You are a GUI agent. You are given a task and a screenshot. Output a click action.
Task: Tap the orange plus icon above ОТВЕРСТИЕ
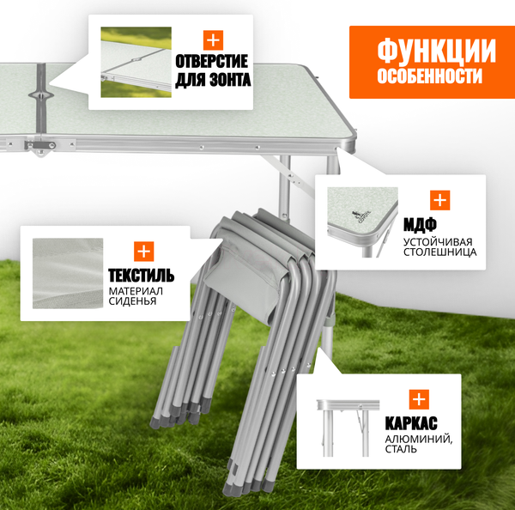click(212, 39)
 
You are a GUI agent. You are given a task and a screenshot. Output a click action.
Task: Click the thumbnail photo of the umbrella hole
click(136, 62)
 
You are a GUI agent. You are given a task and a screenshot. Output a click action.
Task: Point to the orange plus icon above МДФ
click(440, 201)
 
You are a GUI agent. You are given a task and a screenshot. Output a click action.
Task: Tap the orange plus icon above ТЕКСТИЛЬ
click(143, 252)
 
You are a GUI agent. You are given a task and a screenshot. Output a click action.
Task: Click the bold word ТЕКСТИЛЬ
click(142, 276)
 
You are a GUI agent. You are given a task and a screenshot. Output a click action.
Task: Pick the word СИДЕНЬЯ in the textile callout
click(132, 302)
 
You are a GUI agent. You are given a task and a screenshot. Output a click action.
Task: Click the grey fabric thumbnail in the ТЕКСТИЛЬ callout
click(68, 273)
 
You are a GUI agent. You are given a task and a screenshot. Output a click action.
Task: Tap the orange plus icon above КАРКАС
click(418, 398)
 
